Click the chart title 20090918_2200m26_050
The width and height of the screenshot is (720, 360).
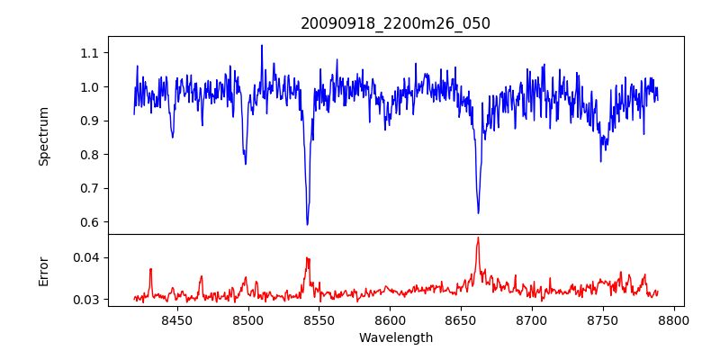[x=395, y=23]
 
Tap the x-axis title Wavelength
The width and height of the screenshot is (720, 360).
[x=395, y=337]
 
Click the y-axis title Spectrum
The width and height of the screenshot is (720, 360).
[x=43, y=136]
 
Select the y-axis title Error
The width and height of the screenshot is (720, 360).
[x=43, y=271]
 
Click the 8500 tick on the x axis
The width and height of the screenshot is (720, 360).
[x=247, y=319]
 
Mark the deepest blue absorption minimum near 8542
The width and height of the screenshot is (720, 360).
[x=307, y=224]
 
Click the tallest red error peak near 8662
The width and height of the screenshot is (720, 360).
[x=478, y=238]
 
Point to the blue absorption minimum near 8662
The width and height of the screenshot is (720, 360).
[x=478, y=212]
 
